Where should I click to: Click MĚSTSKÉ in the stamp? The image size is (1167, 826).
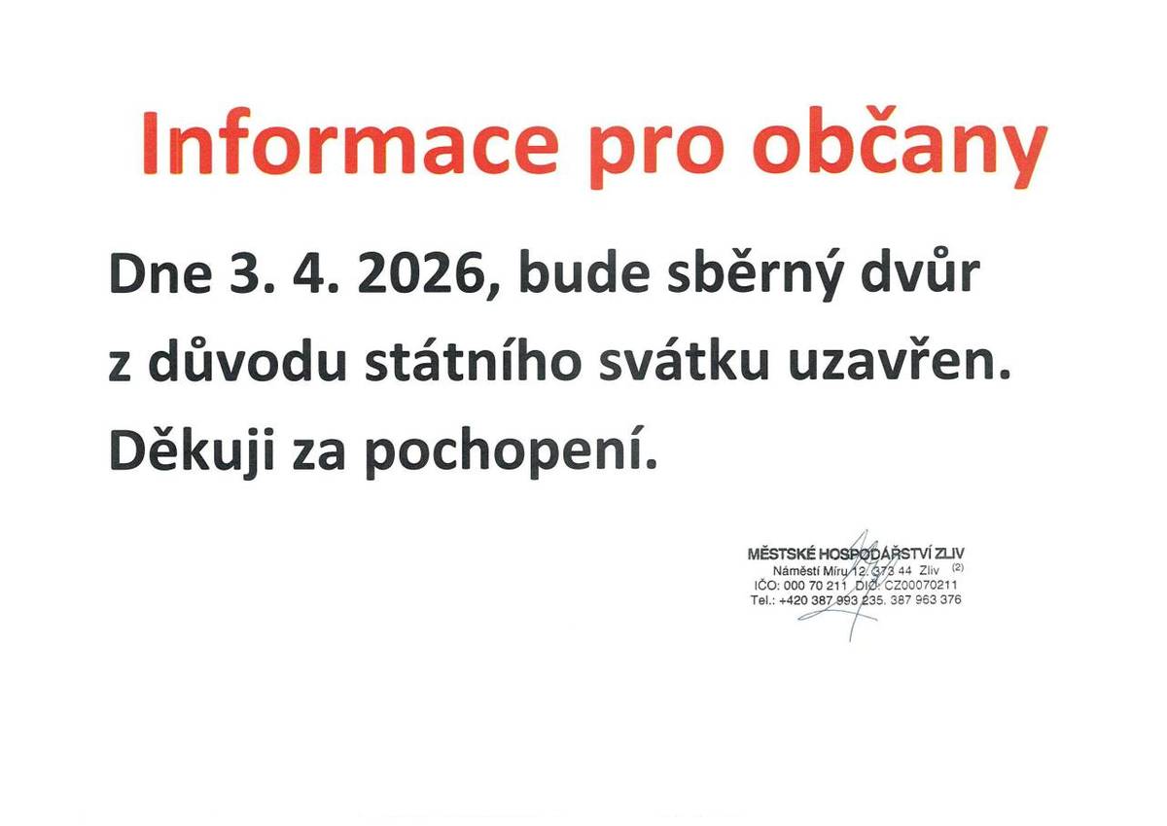click(x=782, y=554)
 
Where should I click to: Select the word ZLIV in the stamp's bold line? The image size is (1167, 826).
click(x=944, y=554)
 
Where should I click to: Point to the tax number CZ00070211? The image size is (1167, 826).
click(x=921, y=585)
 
